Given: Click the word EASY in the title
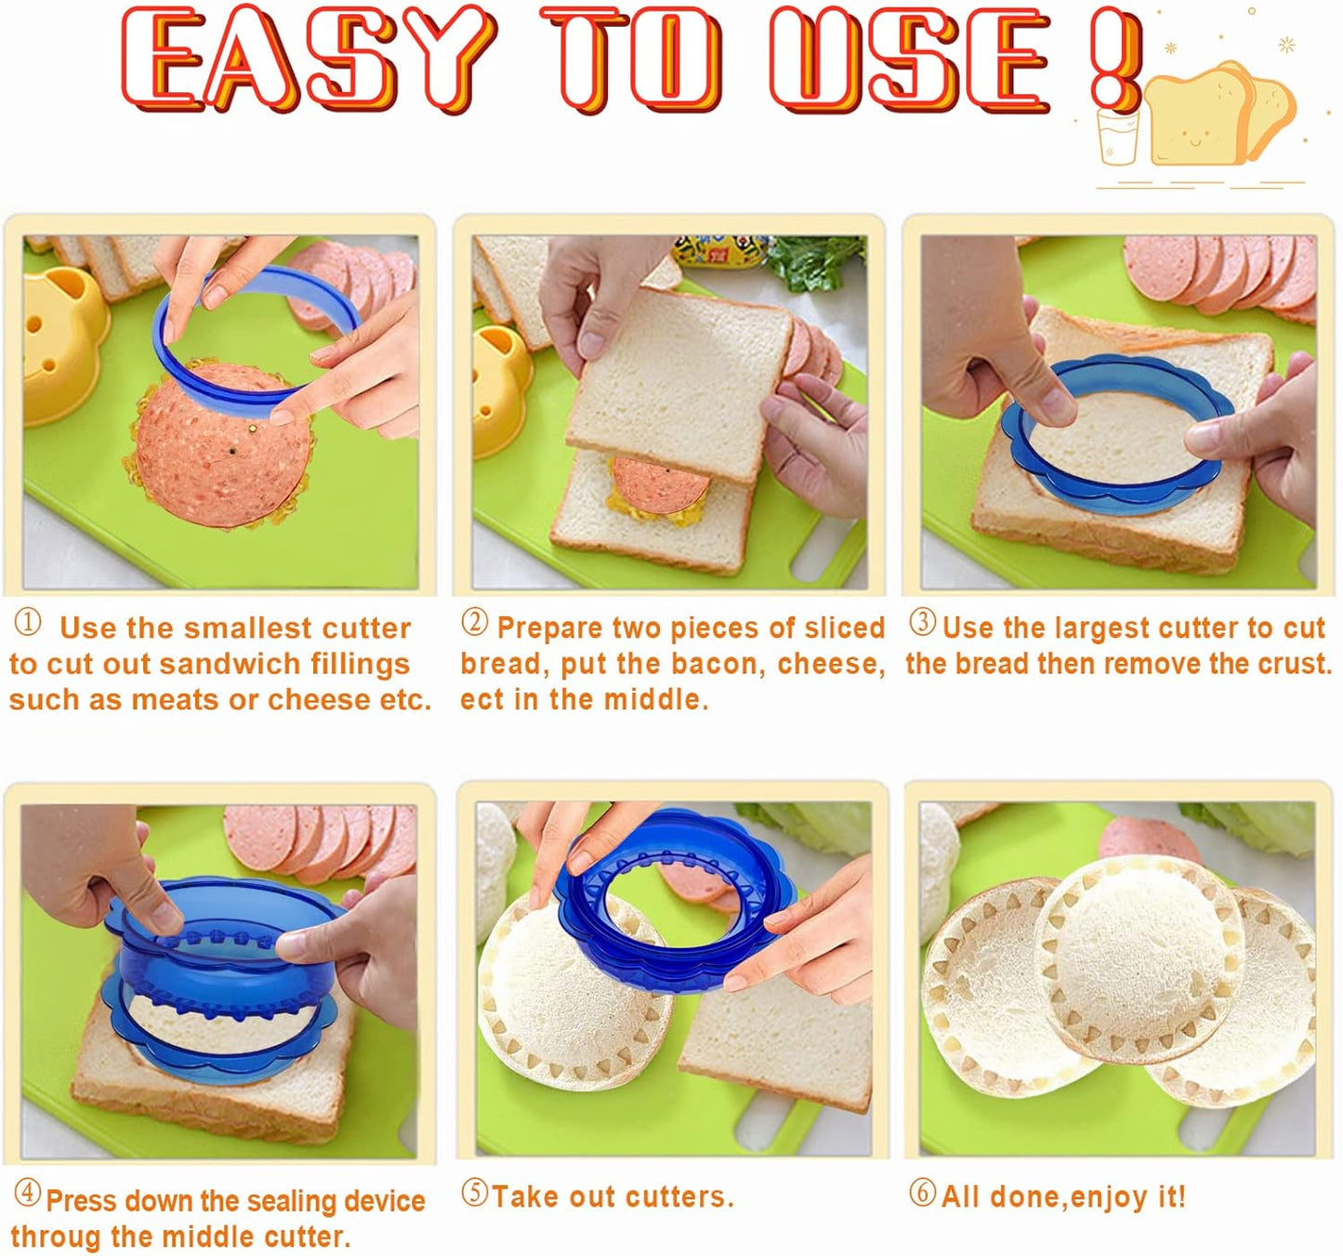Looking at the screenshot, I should (307, 58).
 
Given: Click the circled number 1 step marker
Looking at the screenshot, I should (28, 623).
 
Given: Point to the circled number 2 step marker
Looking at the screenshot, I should (475, 623).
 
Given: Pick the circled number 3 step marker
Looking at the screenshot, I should (922, 622).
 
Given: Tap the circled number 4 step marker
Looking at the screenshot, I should (28, 1194).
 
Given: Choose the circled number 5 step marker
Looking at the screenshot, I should (475, 1193).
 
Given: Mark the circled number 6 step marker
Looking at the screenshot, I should (922, 1193).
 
